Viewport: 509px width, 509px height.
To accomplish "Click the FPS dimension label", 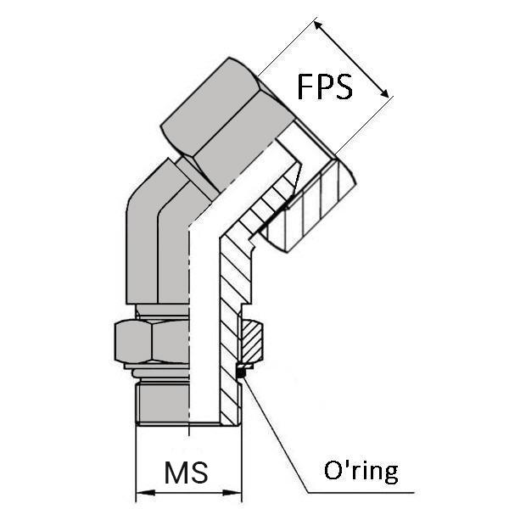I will click(324, 87).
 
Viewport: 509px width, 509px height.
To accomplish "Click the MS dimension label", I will click(188, 470).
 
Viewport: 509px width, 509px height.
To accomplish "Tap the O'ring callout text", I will click(361, 471).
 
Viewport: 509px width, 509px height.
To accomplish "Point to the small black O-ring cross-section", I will click(240, 372).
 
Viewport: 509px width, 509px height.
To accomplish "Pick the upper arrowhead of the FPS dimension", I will click(320, 26).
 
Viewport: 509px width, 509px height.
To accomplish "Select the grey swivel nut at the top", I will click(212, 119).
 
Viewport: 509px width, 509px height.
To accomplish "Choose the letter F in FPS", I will click(305, 87).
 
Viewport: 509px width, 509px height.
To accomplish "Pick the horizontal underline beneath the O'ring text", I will click(365, 492).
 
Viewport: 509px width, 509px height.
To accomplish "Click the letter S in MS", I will click(202, 470).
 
